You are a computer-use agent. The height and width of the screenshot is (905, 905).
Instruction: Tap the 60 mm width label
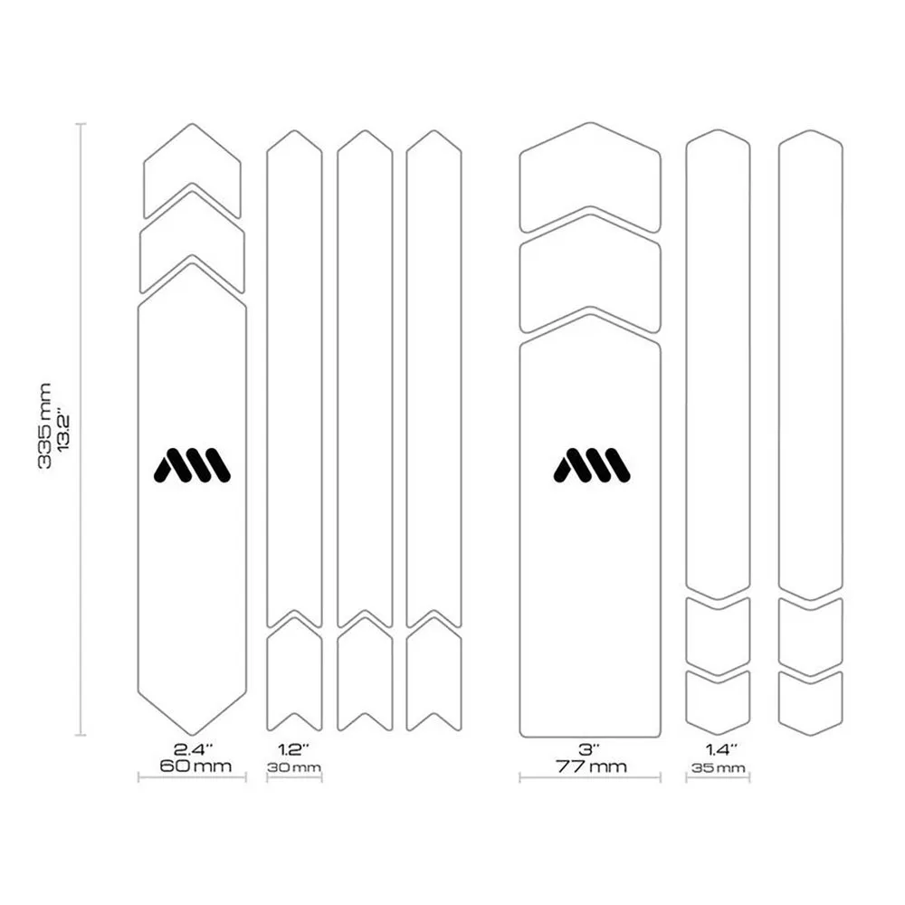click(195, 767)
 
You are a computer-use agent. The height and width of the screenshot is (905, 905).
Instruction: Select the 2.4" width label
click(194, 749)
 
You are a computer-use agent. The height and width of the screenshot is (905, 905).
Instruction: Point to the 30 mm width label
click(294, 767)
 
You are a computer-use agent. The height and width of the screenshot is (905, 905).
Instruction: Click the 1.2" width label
click(294, 749)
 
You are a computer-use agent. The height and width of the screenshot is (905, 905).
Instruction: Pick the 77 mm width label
click(591, 767)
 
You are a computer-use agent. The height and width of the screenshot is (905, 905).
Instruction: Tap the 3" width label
click(589, 749)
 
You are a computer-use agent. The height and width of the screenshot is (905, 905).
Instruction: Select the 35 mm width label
click(718, 767)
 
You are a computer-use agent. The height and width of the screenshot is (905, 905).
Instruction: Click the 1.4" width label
click(721, 749)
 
